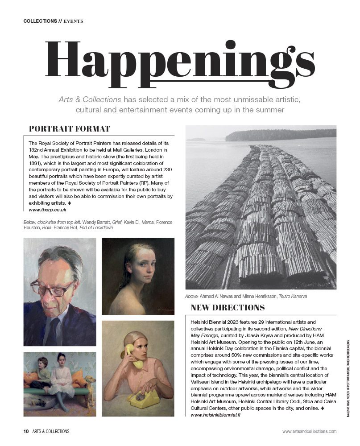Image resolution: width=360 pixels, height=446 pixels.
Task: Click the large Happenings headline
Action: (x=180, y=60)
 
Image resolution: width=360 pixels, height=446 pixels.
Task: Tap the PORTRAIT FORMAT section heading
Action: (x=69, y=129)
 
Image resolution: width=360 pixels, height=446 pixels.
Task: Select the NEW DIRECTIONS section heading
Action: (x=228, y=307)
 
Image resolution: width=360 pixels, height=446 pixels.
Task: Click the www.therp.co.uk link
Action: (x=47, y=210)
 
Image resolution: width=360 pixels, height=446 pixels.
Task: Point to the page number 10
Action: (x=26, y=431)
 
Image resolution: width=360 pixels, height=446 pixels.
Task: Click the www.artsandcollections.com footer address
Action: (x=309, y=431)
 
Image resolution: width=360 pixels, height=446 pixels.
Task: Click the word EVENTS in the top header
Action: (x=74, y=21)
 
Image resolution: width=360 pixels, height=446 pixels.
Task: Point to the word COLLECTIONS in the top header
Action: (x=40, y=21)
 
